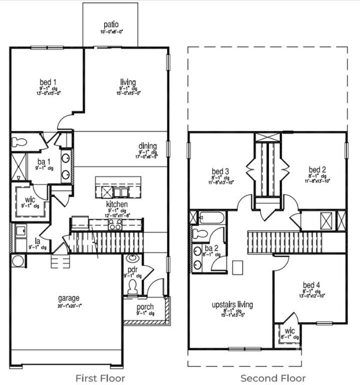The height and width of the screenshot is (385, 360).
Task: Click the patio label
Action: click(111, 24)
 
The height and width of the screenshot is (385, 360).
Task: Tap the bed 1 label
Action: click(48, 82)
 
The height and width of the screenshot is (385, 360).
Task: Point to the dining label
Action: click(148, 146)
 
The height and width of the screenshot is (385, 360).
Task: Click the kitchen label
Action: click(117, 204)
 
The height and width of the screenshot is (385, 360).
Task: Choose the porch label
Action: click(145, 307)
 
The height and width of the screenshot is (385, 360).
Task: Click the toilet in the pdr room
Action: click(133, 287)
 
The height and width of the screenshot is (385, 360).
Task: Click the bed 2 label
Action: click(317, 170)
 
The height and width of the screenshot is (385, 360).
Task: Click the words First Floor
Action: click(100, 377)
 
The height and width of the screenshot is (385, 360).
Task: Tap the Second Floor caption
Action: click(273, 377)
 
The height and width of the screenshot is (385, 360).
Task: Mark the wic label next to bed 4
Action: click(289, 331)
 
